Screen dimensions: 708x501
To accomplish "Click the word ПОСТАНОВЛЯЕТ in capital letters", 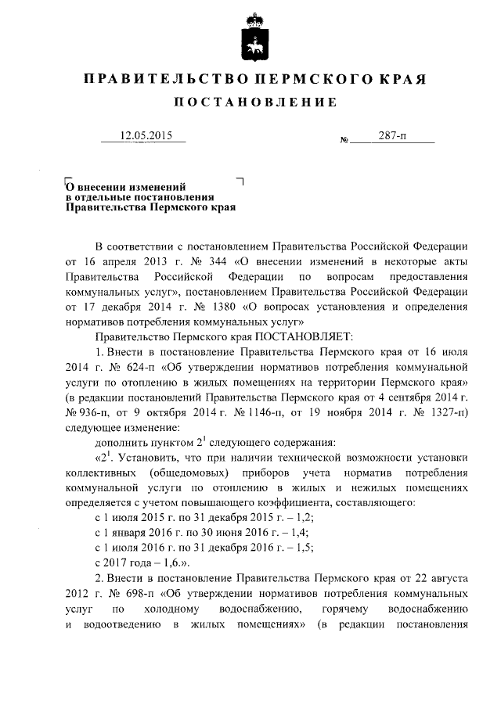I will pos(293,336).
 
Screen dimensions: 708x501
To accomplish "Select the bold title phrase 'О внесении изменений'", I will pos(125,187).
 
